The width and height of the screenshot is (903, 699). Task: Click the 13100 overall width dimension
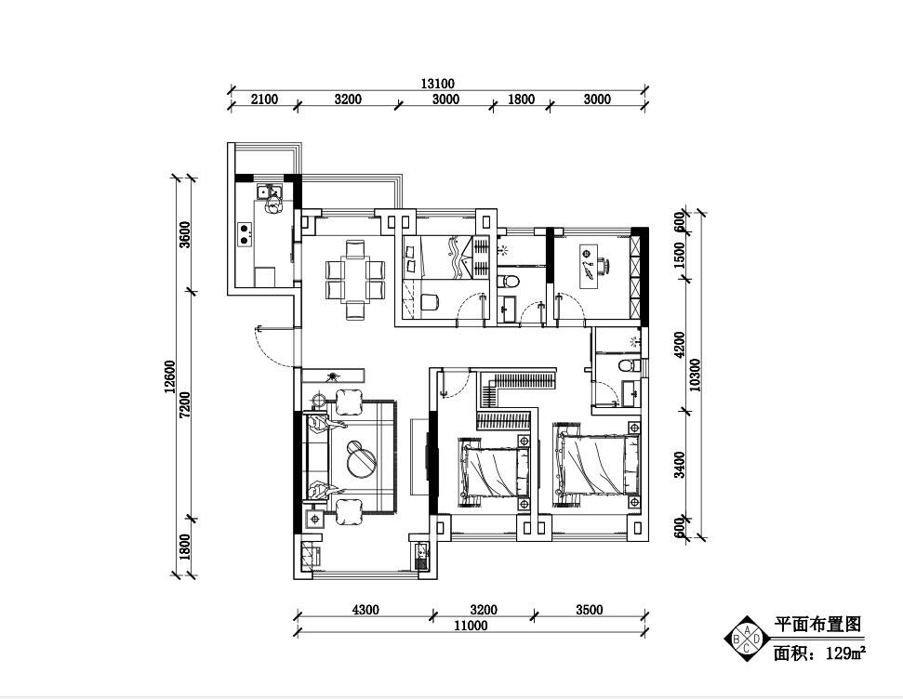point(437,84)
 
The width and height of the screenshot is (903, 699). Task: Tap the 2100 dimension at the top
point(264,99)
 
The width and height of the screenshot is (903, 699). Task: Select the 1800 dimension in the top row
point(521,99)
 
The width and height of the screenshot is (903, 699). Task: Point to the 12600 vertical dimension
point(169,376)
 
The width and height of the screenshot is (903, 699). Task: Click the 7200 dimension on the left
point(184,404)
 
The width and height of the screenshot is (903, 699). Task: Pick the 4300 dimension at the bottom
point(365,609)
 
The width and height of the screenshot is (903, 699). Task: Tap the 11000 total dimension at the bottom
point(471,626)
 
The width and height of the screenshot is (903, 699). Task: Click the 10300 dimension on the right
point(695,375)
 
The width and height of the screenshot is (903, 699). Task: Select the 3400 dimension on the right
point(680,465)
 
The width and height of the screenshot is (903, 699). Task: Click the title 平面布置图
point(817,624)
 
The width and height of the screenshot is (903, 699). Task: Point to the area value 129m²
point(846,653)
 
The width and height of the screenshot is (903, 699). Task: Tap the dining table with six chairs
point(355,279)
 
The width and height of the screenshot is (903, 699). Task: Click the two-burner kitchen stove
point(246,233)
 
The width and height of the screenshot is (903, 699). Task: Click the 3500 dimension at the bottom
point(590,609)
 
